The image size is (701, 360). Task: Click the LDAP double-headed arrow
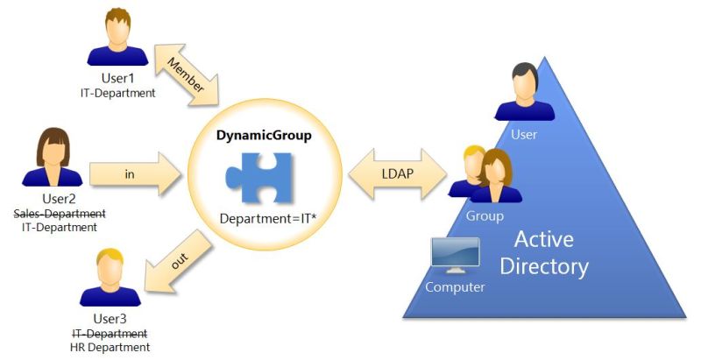click(x=397, y=173)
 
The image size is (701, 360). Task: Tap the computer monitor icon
click(x=455, y=256)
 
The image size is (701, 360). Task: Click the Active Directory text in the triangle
click(x=550, y=252)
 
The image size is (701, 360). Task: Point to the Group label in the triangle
click(x=484, y=215)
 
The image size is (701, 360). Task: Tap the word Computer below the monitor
click(x=455, y=287)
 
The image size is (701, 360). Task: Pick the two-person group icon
click(x=485, y=174)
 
